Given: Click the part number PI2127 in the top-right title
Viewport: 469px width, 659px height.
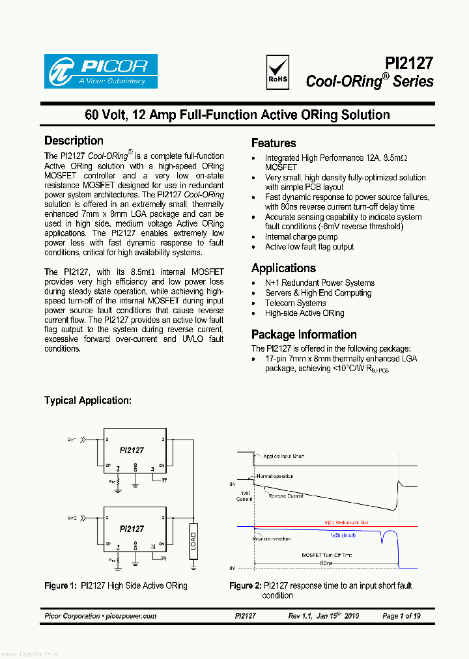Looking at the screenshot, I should pos(408,63).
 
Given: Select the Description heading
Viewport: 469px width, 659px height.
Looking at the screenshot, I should pos(74,141).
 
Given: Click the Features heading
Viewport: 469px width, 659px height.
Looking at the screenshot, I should pos(274,143).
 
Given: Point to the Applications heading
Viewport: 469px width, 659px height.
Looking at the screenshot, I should pos(283,268).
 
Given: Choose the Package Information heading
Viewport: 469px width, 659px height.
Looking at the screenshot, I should pos(304,335).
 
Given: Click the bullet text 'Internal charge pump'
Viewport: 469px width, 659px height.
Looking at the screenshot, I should pos(301,237).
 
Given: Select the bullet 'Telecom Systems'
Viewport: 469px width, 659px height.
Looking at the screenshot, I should pos(295,303).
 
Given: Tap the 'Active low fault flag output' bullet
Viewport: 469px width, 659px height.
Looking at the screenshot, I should pos(309,247).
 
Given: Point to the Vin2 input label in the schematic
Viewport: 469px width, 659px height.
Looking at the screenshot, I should pos(72,518).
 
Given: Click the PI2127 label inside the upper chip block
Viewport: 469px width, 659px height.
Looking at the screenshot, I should pos(132,450).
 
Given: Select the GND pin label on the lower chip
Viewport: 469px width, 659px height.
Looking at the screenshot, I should pos(135,544).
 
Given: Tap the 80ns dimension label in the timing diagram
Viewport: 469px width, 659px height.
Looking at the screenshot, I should pos(326,563).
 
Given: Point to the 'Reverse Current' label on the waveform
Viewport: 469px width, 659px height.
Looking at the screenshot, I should pos(286,496).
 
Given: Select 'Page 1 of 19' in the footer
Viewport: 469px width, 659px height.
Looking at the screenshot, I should pos(401,616).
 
